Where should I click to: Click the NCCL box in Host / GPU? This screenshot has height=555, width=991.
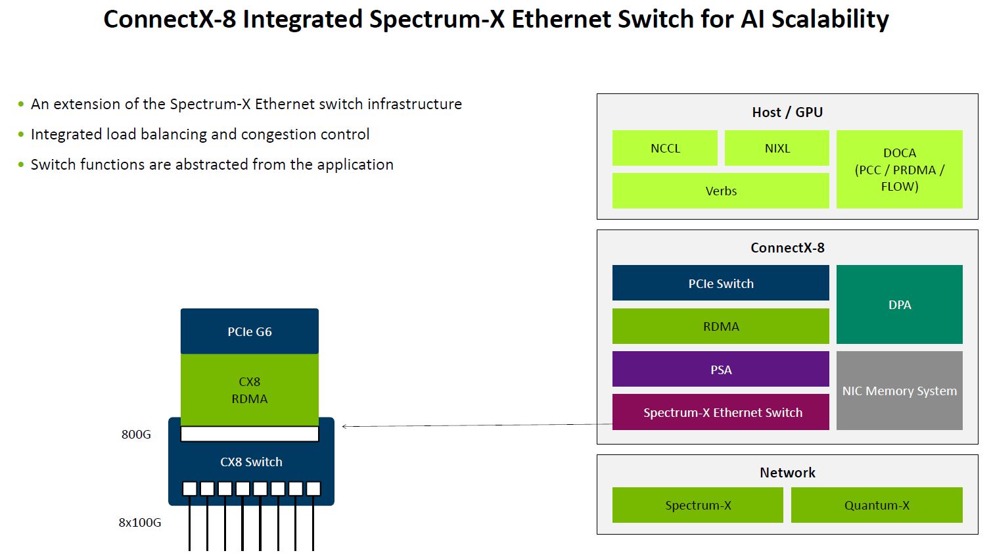coord(664,148)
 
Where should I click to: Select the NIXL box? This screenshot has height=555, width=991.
coord(777,148)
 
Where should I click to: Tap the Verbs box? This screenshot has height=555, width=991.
coord(720,191)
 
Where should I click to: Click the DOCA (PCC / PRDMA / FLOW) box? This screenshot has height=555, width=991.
coord(899,170)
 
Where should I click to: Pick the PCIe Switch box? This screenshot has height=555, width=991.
coord(720,283)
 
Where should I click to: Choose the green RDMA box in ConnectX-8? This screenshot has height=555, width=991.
coord(720,326)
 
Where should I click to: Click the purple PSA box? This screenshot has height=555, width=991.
coord(720,370)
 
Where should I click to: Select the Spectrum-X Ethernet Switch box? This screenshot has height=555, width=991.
coord(720,412)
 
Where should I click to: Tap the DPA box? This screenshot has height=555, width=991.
coord(899,304)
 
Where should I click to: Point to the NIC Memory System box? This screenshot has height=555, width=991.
coord(899,391)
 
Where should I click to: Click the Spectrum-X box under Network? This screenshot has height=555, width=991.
coord(697,505)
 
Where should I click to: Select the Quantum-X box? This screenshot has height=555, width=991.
coord(877,505)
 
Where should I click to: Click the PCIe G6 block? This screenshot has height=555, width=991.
coord(250,331)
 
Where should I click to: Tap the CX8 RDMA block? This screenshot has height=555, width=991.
coord(250,390)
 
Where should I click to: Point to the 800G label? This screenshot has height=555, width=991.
coord(136,435)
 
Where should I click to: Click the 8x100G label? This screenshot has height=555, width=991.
coord(139,523)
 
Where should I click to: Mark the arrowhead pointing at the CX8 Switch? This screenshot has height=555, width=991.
coord(344,427)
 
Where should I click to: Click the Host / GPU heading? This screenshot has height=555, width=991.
coord(787,112)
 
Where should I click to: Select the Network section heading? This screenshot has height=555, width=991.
coord(787,473)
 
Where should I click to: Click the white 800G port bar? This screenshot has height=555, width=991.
coord(250,434)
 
